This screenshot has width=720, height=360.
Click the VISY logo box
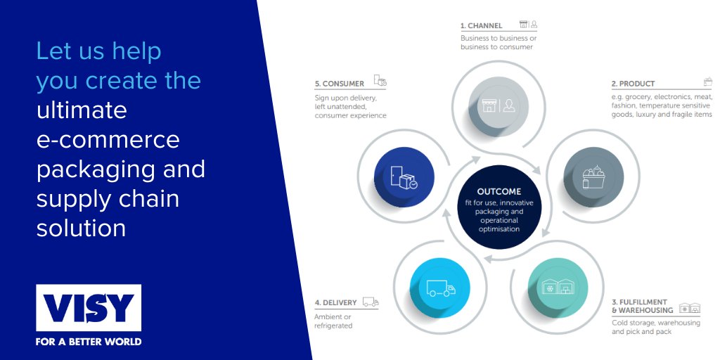[89, 307]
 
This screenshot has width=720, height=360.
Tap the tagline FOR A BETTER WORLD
[89, 342]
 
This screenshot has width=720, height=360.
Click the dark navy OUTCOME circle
[499, 209]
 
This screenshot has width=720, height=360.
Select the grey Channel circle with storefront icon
[499, 105]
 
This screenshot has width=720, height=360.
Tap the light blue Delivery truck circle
[440, 288]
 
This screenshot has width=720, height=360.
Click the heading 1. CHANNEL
[482, 26]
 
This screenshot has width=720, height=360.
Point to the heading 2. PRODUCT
[633, 84]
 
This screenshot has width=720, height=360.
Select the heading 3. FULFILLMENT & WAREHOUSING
[642, 306]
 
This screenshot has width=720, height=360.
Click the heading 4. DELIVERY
[336, 303]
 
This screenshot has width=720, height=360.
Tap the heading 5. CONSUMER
[340, 84]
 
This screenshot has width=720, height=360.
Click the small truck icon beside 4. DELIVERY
[371, 302]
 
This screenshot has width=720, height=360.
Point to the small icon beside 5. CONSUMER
[380, 82]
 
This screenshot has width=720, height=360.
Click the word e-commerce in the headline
[108, 139]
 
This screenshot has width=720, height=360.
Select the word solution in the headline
[81, 228]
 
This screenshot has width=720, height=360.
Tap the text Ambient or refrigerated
[334, 321]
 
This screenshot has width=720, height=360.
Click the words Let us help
[98, 51]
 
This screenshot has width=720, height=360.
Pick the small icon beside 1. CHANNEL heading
[528, 25]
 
